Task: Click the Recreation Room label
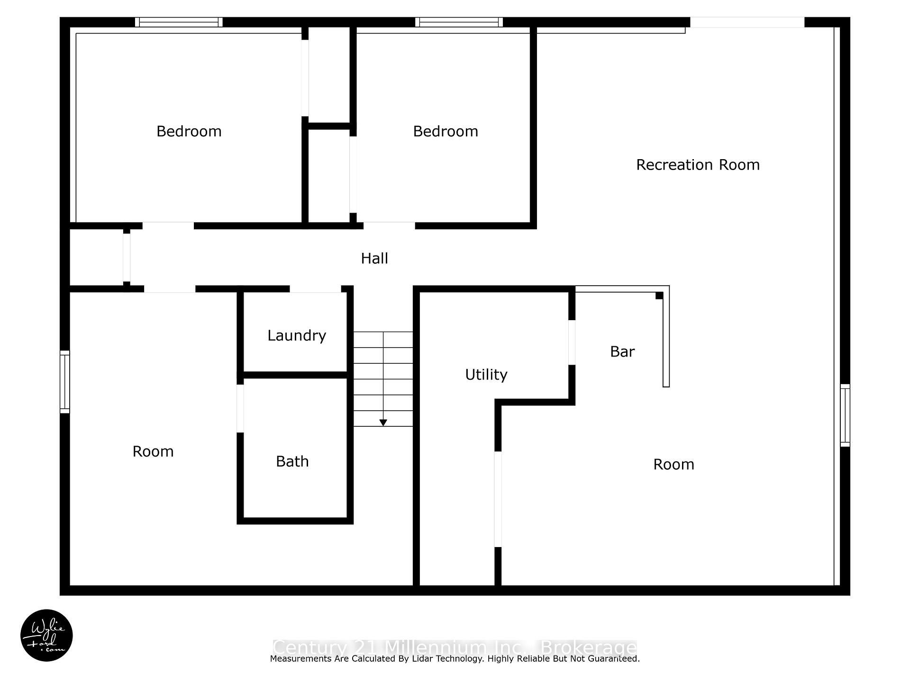point(698,165)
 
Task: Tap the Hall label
point(374,259)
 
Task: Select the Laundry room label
point(297,336)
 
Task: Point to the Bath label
point(292,462)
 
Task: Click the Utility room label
point(486,375)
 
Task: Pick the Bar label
point(622,352)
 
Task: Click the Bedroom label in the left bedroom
point(189,132)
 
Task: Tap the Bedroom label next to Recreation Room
point(446,132)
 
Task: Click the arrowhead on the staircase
point(383,422)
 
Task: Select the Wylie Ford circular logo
point(46,636)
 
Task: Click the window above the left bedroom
point(179,22)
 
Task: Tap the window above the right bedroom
point(459,22)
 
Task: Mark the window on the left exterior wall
point(65,382)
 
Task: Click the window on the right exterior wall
point(845,415)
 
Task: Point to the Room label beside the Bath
point(153,452)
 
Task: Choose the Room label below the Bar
point(673,465)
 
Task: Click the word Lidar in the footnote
point(418,659)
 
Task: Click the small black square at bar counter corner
point(659,296)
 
